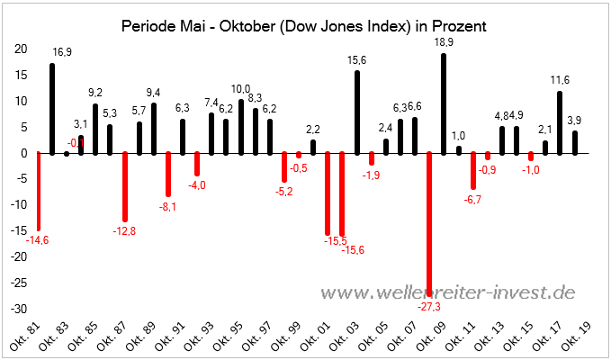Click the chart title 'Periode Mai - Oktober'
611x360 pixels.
pyautogui.click(x=304, y=26)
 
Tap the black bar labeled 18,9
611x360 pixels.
pyautogui.click(x=444, y=103)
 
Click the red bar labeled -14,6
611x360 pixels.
pyautogui.click(x=38, y=190)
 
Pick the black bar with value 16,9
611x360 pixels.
pyautogui.click(x=52, y=108)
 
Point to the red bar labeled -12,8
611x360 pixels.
pyautogui.click(x=125, y=186)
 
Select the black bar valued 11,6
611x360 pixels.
pyautogui.click(x=560, y=122)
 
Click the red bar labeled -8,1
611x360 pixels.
pyautogui.click(x=168, y=174)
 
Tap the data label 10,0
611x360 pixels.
pyautogui.click(x=241, y=88)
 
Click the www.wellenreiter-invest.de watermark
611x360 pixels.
pyautogui.click(x=448, y=292)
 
